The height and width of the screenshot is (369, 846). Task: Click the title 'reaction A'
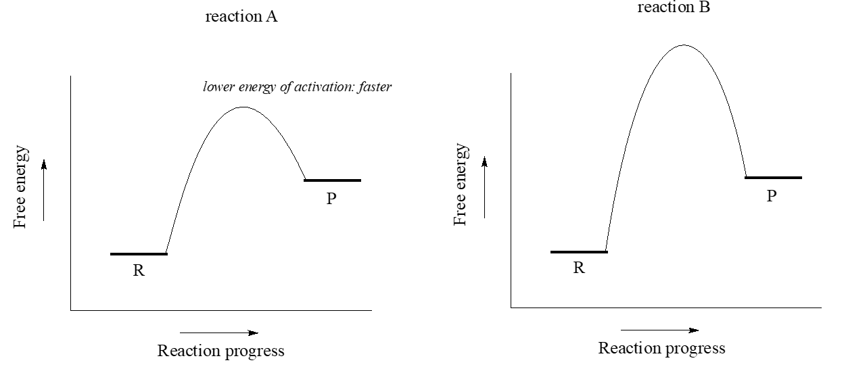(x=241, y=18)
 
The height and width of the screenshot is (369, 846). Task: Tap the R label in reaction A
(x=138, y=270)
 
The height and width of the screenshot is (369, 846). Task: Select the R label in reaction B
(x=579, y=268)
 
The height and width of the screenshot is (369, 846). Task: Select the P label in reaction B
(x=772, y=196)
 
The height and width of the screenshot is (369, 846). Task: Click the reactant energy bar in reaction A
(x=138, y=254)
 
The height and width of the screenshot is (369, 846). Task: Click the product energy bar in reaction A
(x=332, y=180)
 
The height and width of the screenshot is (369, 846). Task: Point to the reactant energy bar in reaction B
(x=579, y=252)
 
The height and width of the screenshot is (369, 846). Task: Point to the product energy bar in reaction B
(x=773, y=178)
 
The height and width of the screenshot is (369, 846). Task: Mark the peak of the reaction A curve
(x=243, y=107)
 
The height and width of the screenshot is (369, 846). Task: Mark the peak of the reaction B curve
(x=683, y=46)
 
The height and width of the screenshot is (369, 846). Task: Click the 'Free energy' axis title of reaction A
(x=22, y=186)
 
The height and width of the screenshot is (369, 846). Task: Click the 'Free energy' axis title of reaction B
(x=462, y=184)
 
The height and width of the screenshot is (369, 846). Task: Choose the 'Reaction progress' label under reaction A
(x=220, y=351)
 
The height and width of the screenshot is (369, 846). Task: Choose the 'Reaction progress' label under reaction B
(x=661, y=349)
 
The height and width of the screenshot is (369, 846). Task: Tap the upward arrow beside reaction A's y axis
(x=43, y=189)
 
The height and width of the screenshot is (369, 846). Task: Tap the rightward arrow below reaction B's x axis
(x=659, y=330)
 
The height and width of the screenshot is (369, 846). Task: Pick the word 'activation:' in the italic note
(x=324, y=88)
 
